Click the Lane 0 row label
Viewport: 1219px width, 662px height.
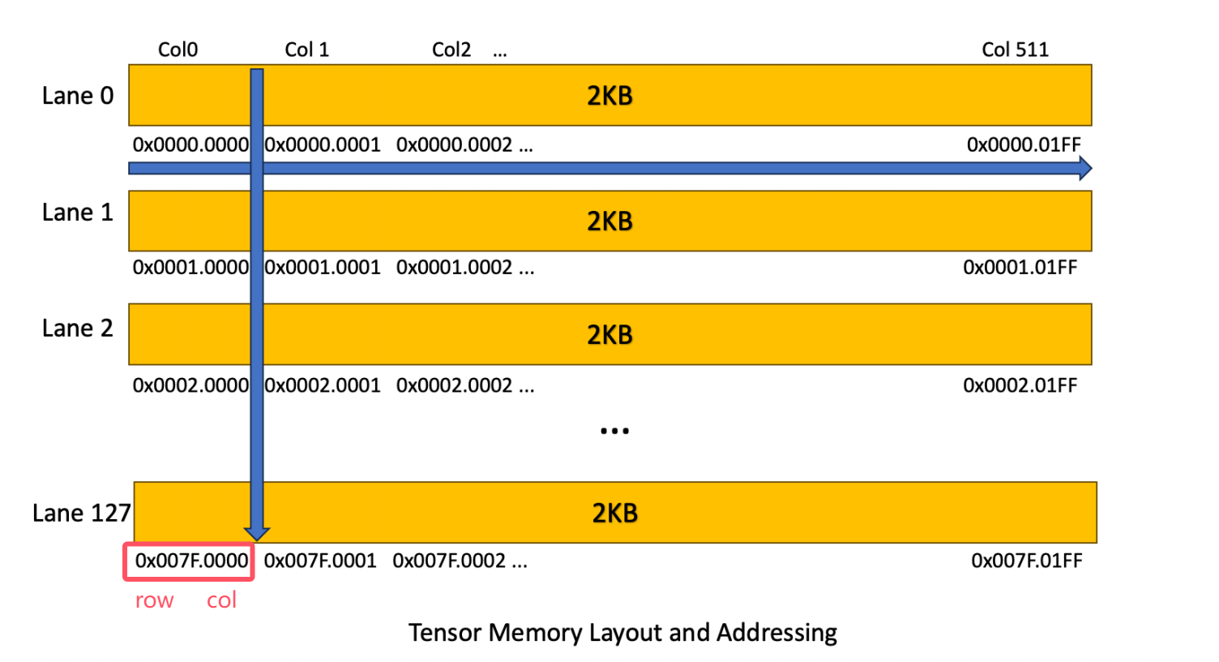[x=78, y=96]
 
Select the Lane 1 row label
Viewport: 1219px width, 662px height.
[x=78, y=213]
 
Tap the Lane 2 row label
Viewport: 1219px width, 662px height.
[x=78, y=329]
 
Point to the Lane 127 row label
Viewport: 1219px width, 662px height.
[x=81, y=513]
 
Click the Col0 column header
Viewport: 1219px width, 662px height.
[x=178, y=49]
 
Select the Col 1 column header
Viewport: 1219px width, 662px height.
[x=306, y=49]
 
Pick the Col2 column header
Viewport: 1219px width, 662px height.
[x=451, y=49]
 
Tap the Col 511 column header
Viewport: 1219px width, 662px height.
[x=1015, y=49]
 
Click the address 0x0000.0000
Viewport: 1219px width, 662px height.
[x=190, y=145]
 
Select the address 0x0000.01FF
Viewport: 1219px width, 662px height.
[x=1024, y=145]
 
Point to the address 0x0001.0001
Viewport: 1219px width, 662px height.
[x=323, y=268]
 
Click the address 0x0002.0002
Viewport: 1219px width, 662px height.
[x=454, y=385]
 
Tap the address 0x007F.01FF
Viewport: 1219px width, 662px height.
[x=1026, y=561]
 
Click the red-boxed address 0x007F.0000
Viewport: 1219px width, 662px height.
[x=191, y=561]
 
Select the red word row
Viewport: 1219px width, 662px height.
[x=154, y=600]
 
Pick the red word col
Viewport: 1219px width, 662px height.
[x=221, y=600]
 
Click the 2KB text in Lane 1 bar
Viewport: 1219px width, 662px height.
[x=609, y=221]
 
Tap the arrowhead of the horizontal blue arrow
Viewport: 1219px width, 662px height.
[x=1085, y=169]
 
